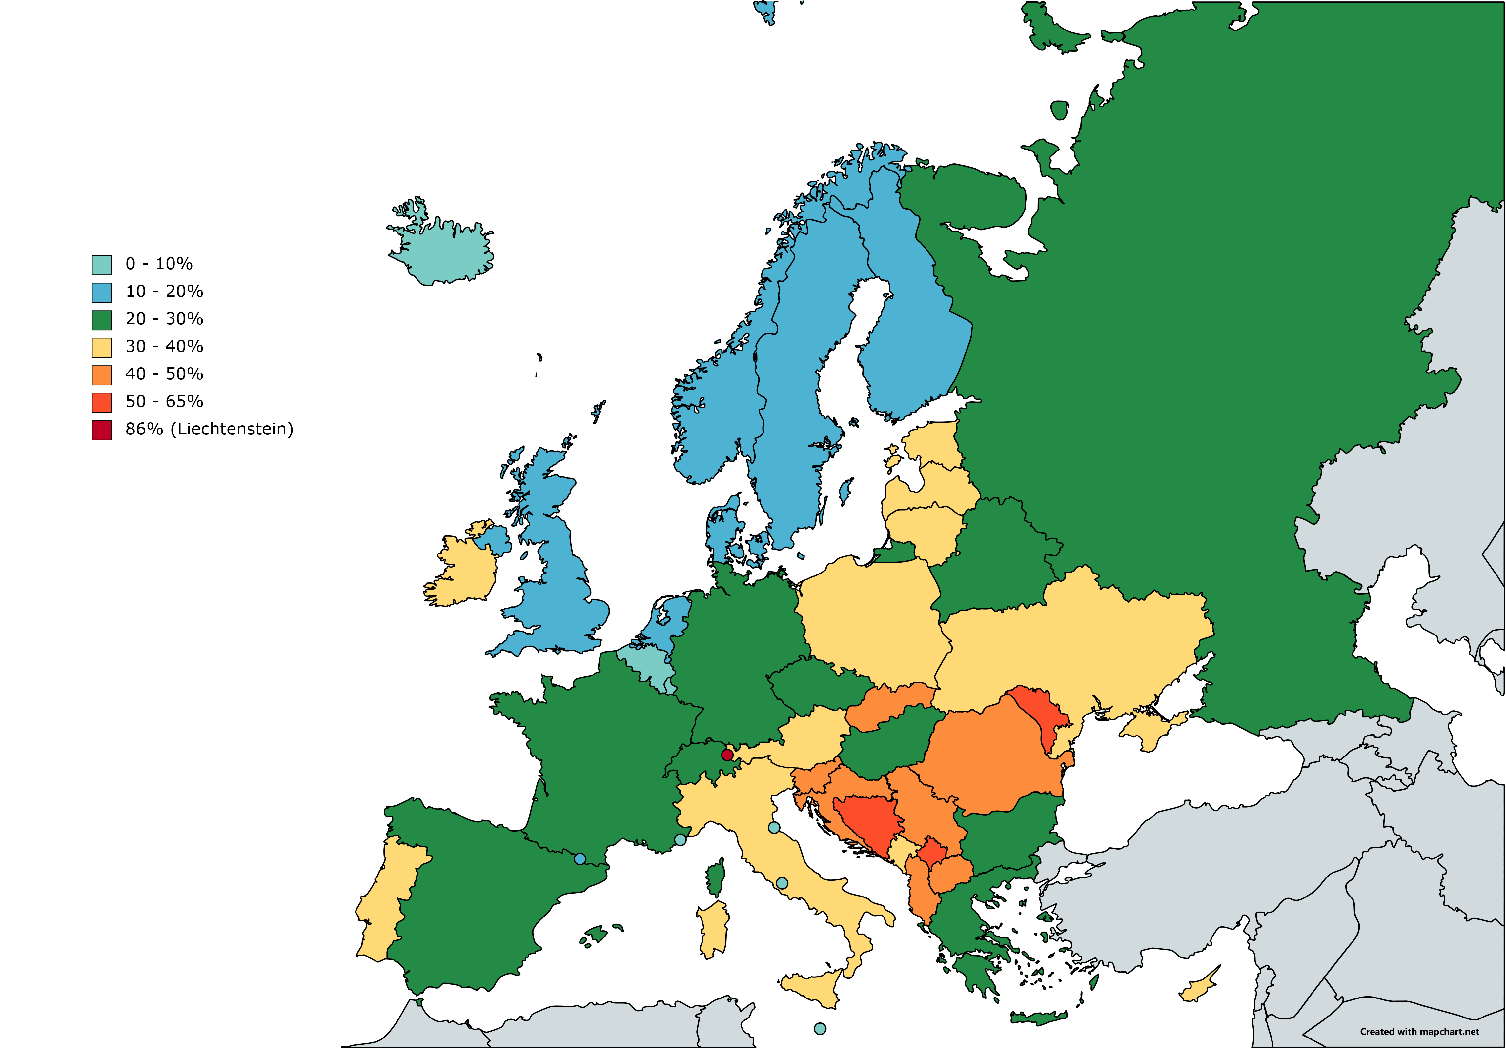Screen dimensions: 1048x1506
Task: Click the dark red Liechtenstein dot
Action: tap(727, 755)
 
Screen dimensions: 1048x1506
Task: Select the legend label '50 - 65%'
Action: tap(164, 401)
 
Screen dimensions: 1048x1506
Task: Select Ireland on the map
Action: tap(462, 571)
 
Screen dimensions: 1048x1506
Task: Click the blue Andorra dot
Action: tap(580, 858)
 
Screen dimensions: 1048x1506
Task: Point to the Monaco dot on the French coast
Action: tap(680, 839)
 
